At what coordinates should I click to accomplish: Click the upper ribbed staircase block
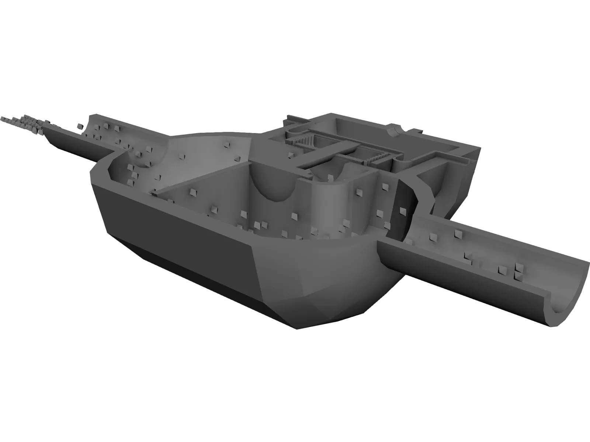[x=305, y=140]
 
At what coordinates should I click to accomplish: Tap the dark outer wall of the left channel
[x=74, y=147]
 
